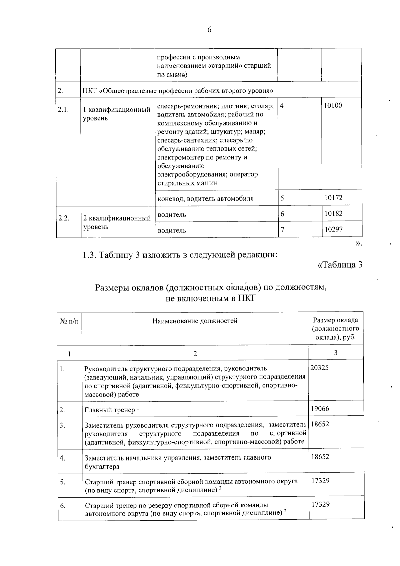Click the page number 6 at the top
(209, 30)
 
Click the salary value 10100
(333, 106)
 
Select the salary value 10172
(333, 198)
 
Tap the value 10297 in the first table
(333, 229)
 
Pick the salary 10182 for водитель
(333, 213)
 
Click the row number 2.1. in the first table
(63, 110)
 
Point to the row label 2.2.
(63, 218)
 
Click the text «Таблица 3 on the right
(340, 265)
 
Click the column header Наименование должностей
(195, 321)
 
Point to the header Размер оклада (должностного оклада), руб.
(335, 329)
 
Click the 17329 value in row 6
(320, 504)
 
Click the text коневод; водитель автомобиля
(205, 199)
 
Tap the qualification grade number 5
(282, 198)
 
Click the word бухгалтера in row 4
(102, 467)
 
